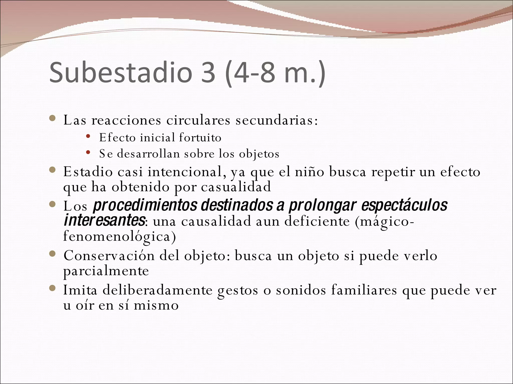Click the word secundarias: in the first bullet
pos(277,120)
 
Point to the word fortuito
pos(200,137)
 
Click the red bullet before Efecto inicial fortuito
pos(88,136)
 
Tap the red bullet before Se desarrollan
pos(88,152)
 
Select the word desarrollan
pos(148,153)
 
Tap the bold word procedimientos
pos(145,205)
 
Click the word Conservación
pos(109,256)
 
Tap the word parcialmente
pos(106,271)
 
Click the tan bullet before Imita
pos(52,289)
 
